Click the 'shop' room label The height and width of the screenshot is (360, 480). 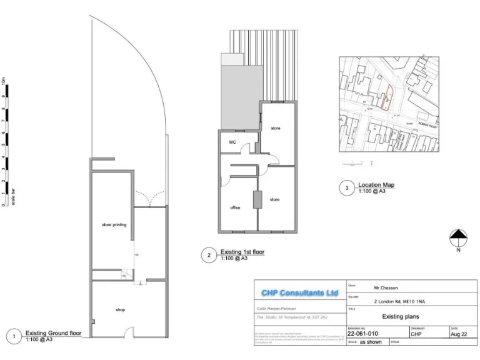[120, 309]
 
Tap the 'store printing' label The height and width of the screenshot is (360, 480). [114, 224]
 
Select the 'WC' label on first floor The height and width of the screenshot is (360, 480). [232, 142]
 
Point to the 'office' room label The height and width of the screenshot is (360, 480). [236, 207]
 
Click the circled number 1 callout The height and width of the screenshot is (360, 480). [14, 336]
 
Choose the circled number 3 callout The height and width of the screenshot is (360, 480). [347, 188]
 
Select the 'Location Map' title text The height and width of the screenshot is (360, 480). [376, 185]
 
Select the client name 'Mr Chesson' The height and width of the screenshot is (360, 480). [387, 288]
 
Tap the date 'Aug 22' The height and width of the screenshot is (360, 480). [459, 334]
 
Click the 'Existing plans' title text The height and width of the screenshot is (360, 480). [399, 316]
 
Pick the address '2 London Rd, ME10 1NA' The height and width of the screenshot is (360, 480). [400, 301]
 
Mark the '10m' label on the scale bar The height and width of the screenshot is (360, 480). [5, 81]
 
